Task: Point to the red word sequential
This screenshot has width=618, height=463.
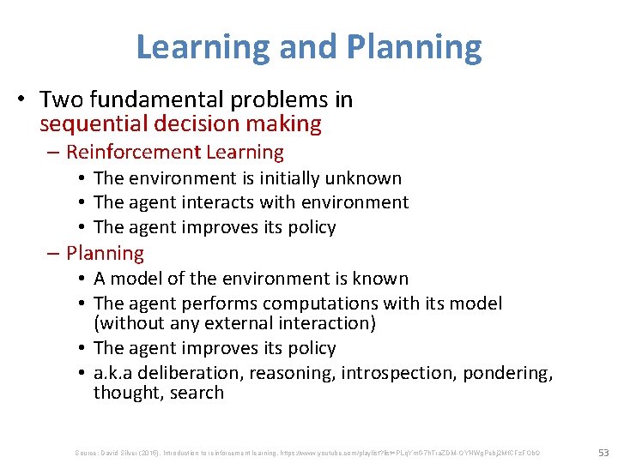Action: click(x=94, y=124)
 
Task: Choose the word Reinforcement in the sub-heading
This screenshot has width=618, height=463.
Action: click(x=132, y=153)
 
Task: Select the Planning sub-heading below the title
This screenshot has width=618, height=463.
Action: click(x=105, y=253)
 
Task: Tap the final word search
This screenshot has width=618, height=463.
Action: click(x=198, y=393)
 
